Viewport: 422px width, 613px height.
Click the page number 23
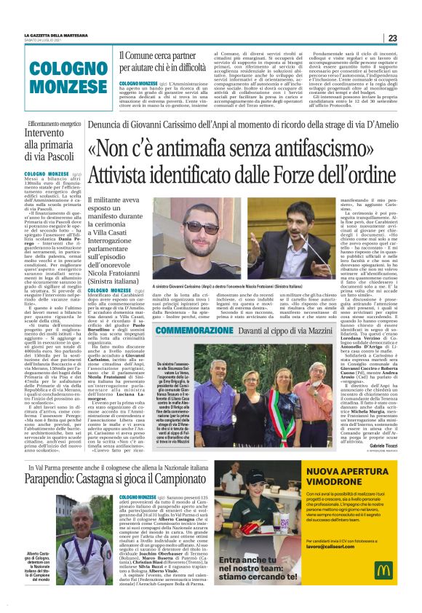pos(392,38)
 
